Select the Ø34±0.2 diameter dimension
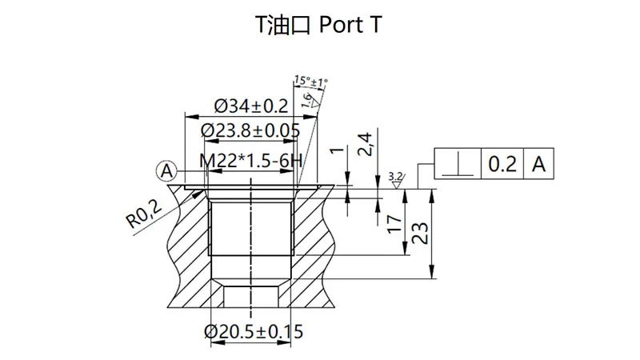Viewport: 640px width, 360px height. [250, 106]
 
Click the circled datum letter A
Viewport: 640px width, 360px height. [166, 170]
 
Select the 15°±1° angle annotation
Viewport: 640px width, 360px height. [311, 81]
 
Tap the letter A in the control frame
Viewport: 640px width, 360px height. [539, 164]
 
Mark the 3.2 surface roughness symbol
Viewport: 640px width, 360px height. [395, 178]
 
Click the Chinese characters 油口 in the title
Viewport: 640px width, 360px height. [290, 26]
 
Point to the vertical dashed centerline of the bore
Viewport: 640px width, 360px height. [251, 240]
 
